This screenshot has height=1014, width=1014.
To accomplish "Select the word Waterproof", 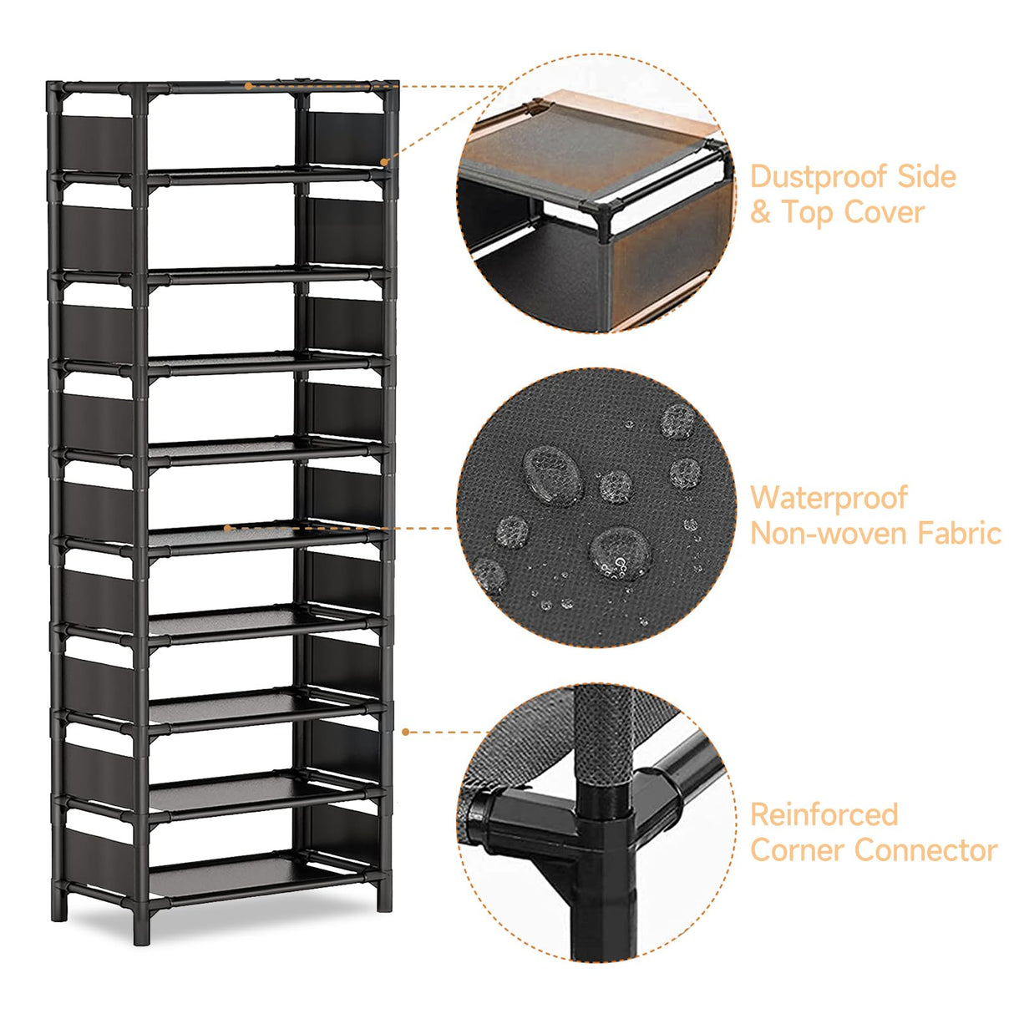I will (x=828, y=498).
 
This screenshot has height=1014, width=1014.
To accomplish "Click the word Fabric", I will (x=959, y=533).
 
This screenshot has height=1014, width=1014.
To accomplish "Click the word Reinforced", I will (x=824, y=814).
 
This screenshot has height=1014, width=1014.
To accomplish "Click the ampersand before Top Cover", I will (x=760, y=213).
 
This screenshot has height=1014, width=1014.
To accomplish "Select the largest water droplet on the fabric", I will (x=552, y=473).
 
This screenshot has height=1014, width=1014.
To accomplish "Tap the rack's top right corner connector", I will (x=391, y=88).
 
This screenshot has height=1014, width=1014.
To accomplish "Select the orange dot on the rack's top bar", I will (x=248, y=85).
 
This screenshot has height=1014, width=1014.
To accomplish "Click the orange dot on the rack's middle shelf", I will (x=227, y=528).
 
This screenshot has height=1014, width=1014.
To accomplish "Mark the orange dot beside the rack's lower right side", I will (x=405, y=732).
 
